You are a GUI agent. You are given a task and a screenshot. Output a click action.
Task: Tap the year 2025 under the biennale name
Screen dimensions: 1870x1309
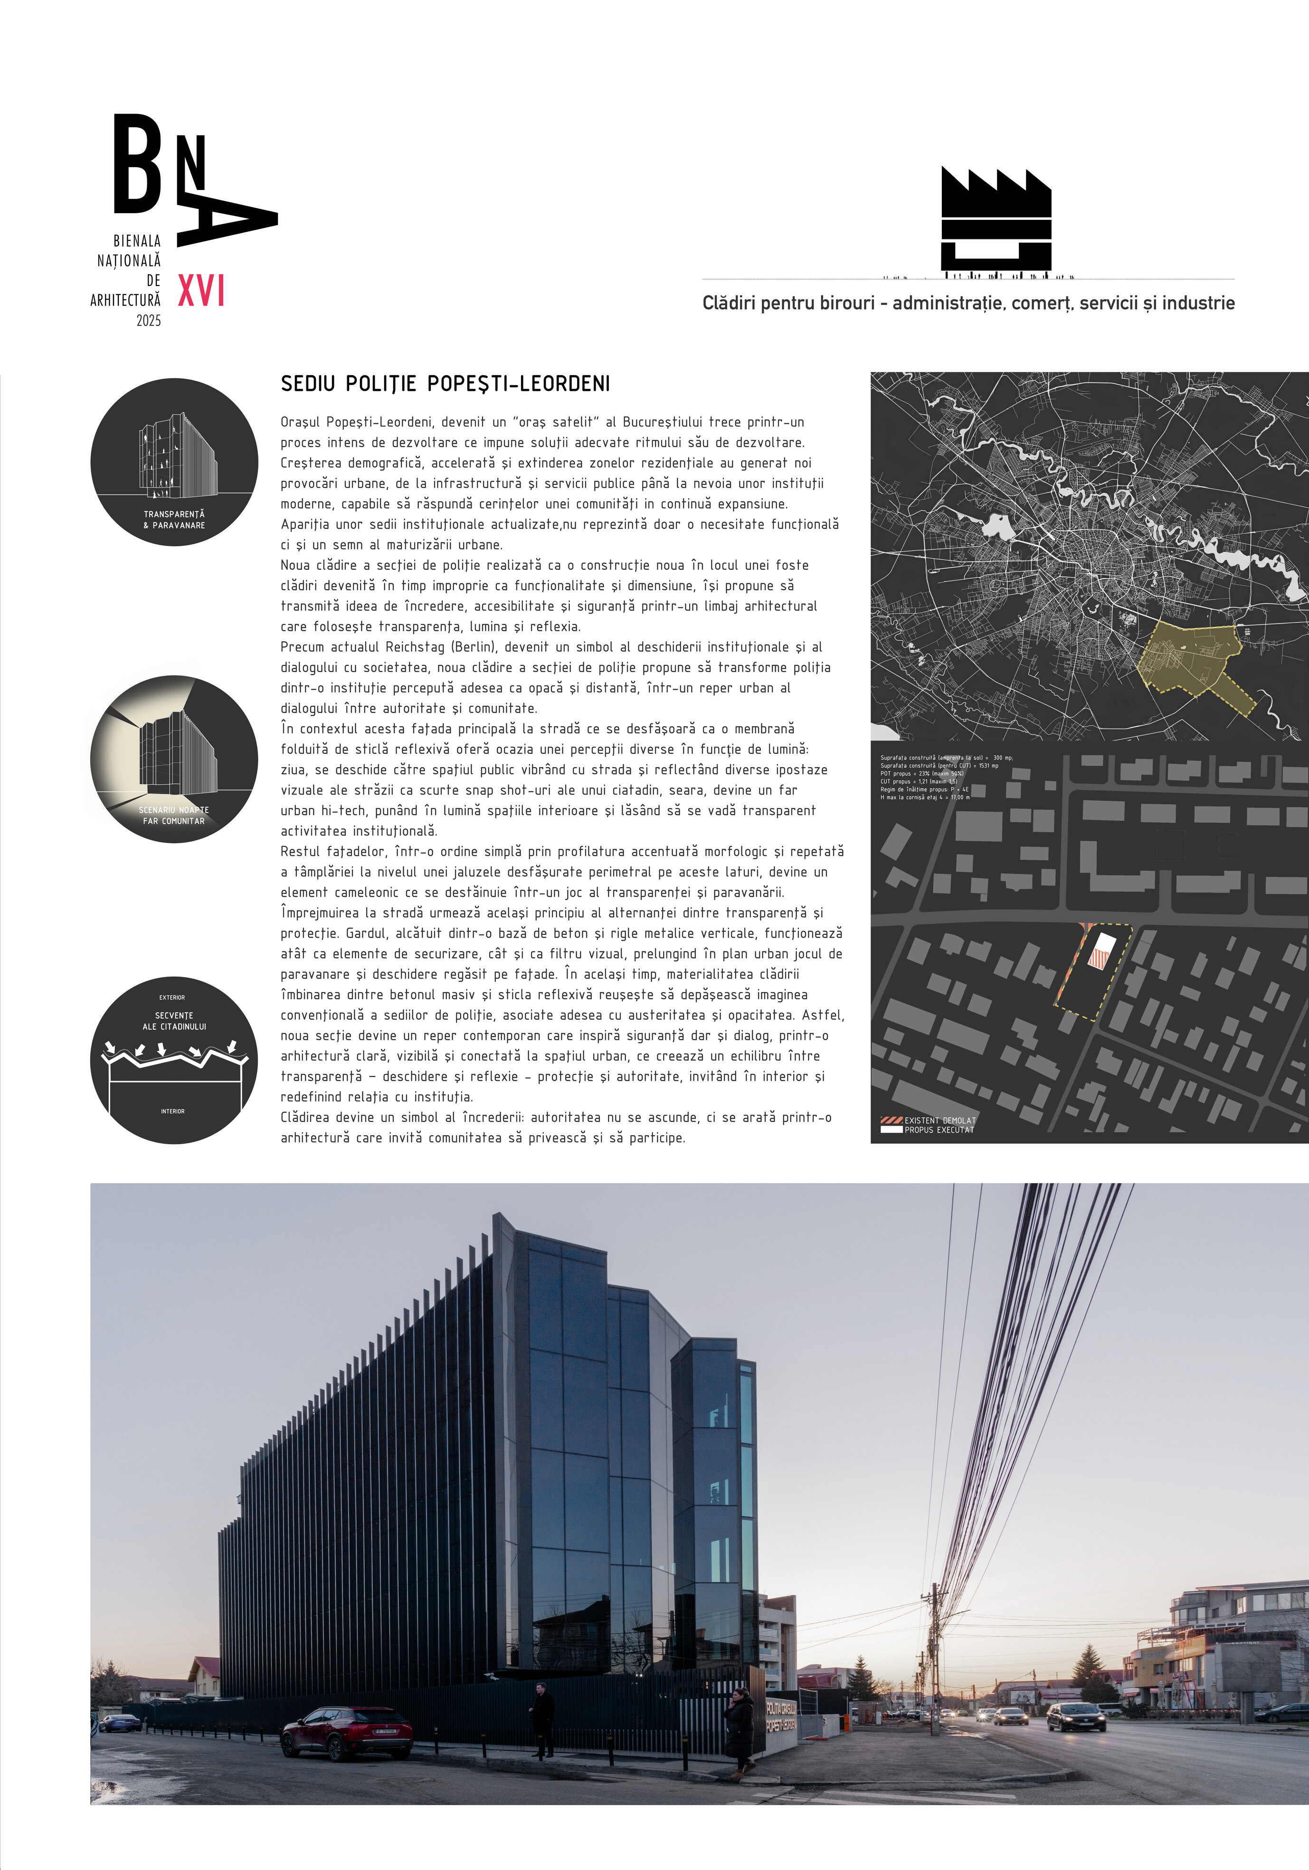(x=149, y=321)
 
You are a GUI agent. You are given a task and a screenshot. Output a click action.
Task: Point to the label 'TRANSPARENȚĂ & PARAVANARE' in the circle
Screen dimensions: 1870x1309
(x=174, y=520)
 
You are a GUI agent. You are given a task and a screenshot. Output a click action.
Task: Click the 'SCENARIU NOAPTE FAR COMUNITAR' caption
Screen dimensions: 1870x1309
(x=173, y=815)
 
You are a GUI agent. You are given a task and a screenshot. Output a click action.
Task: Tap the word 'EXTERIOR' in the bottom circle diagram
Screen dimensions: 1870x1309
(x=172, y=998)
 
